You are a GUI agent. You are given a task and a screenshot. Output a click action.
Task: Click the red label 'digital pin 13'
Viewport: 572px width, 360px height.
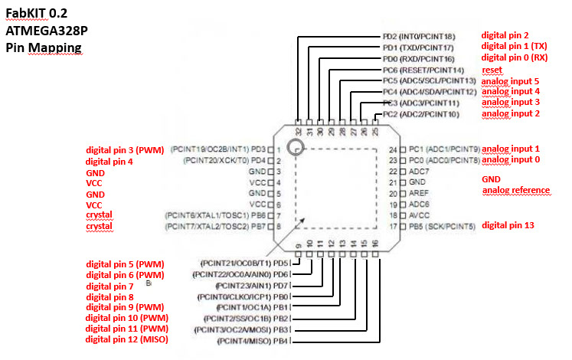[x=508, y=225]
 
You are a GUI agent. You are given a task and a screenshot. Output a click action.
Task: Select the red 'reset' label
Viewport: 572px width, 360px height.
[x=492, y=70]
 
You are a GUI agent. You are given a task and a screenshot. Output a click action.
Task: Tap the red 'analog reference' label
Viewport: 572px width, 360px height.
[x=516, y=191]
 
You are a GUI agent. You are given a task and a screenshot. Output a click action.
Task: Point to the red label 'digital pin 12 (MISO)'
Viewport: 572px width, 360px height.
[x=126, y=339]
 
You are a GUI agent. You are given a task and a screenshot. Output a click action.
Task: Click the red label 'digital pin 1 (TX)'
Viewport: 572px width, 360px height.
[x=514, y=47]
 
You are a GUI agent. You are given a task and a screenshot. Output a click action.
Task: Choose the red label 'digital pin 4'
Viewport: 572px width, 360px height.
[x=109, y=162]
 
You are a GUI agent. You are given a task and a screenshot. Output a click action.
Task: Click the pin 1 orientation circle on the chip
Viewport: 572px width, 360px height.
[x=295, y=147]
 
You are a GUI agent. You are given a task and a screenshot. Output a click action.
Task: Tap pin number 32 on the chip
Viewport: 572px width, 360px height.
[x=298, y=130]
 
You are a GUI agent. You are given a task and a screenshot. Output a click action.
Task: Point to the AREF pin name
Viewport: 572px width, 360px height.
[x=419, y=194]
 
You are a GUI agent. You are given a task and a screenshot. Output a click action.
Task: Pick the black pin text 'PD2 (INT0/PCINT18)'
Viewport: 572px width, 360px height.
[x=419, y=36]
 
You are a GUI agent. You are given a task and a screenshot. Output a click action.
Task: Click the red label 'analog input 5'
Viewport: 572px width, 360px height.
[x=511, y=80]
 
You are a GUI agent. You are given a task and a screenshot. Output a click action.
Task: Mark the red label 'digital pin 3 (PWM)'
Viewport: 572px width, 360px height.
[x=125, y=150]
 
